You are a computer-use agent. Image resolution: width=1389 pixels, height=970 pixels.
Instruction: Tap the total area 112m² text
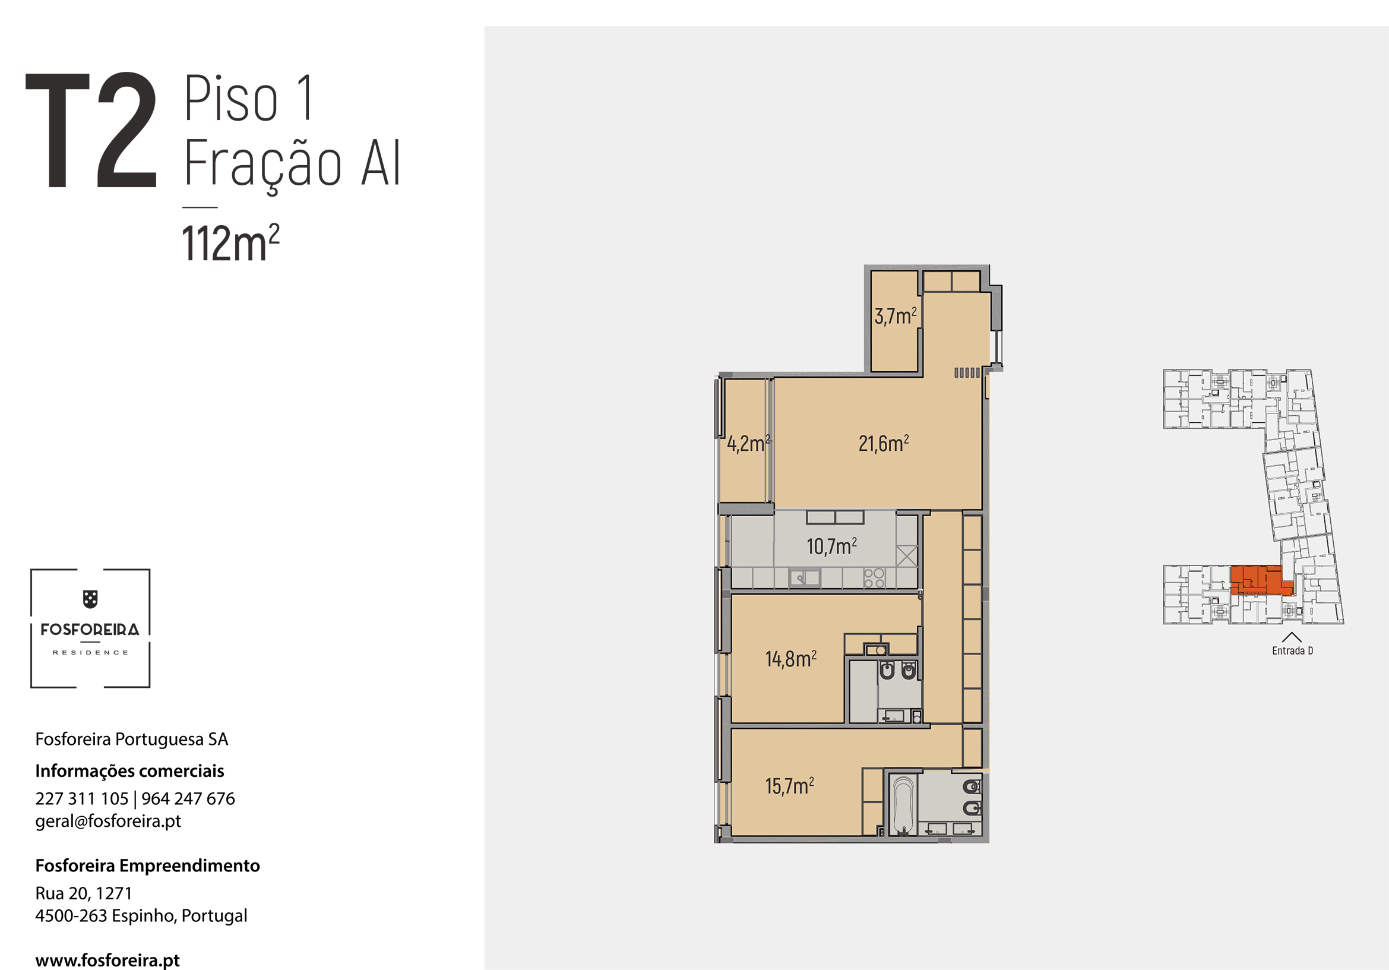point(230,244)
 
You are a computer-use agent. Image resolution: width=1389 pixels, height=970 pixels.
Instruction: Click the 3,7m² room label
point(896,316)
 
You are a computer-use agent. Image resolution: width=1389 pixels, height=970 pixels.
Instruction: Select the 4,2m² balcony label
point(748,444)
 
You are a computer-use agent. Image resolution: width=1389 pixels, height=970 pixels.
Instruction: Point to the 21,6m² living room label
point(884,444)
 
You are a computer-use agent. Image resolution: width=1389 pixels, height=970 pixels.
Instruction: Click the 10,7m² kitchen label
point(832,546)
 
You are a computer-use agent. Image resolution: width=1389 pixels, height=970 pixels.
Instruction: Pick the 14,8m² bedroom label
point(790,659)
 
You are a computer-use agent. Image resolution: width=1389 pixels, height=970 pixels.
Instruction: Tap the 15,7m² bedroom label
point(789,786)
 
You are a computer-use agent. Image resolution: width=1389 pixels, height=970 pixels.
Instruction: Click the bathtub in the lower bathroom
point(903,805)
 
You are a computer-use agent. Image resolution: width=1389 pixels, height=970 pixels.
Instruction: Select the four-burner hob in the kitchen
point(874,578)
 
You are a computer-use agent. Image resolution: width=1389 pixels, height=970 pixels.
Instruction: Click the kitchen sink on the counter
point(805,579)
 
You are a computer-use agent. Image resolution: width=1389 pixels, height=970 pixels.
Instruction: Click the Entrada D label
point(1292,651)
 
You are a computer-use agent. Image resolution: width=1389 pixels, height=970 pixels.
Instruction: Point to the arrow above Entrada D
point(1292,637)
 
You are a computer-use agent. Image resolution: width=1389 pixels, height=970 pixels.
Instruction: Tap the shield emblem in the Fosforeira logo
point(90,599)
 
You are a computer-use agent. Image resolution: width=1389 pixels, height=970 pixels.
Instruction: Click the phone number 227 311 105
point(82,799)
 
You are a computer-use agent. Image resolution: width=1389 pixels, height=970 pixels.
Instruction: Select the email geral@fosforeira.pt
point(108,821)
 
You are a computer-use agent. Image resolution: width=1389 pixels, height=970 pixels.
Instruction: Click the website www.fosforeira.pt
point(107,960)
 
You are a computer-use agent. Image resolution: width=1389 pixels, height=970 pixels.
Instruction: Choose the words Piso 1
point(249,97)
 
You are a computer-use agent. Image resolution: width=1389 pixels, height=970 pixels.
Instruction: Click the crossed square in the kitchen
point(906,556)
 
